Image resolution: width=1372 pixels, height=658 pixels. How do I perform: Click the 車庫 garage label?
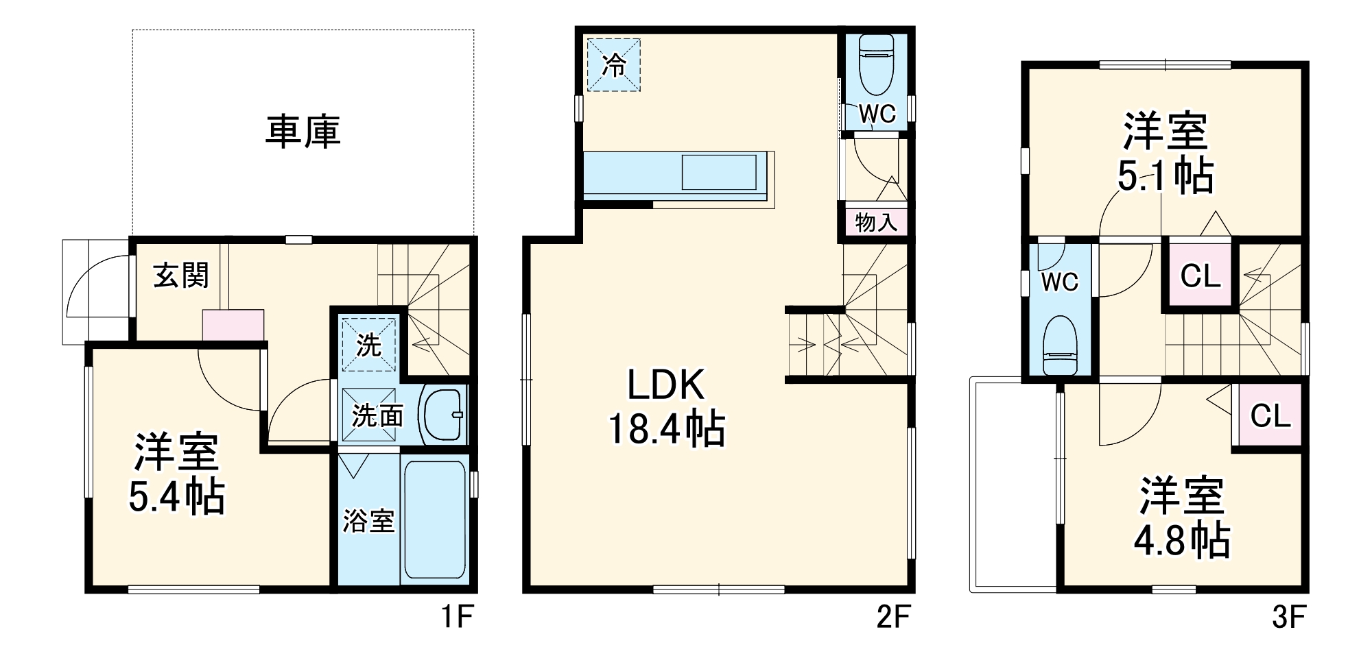[x=303, y=132]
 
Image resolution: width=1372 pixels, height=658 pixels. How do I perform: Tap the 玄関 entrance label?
[x=180, y=276]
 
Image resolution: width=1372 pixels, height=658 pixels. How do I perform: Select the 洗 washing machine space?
[x=369, y=344]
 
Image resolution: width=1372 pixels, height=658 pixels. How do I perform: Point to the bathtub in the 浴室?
[x=434, y=520]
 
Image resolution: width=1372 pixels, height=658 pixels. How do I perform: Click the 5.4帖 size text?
[x=177, y=497]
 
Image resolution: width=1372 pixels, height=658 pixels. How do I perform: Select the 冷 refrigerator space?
[x=613, y=65]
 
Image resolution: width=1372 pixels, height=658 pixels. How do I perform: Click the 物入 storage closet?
[x=875, y=222]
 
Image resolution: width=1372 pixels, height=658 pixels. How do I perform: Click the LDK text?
[x=665, y=386]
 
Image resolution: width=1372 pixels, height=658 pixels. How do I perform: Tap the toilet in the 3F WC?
[x=1059, y=346]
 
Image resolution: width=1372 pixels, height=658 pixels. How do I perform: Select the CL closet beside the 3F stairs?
[x=1200, y=276]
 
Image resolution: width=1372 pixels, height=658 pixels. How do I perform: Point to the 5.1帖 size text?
[x=1165, y=176]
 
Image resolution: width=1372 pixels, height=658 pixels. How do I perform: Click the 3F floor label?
[x=1288, y=618]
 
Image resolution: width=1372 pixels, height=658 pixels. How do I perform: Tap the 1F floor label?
[x=456, y=618]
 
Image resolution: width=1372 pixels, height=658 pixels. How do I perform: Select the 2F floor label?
[x=893, y=618]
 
